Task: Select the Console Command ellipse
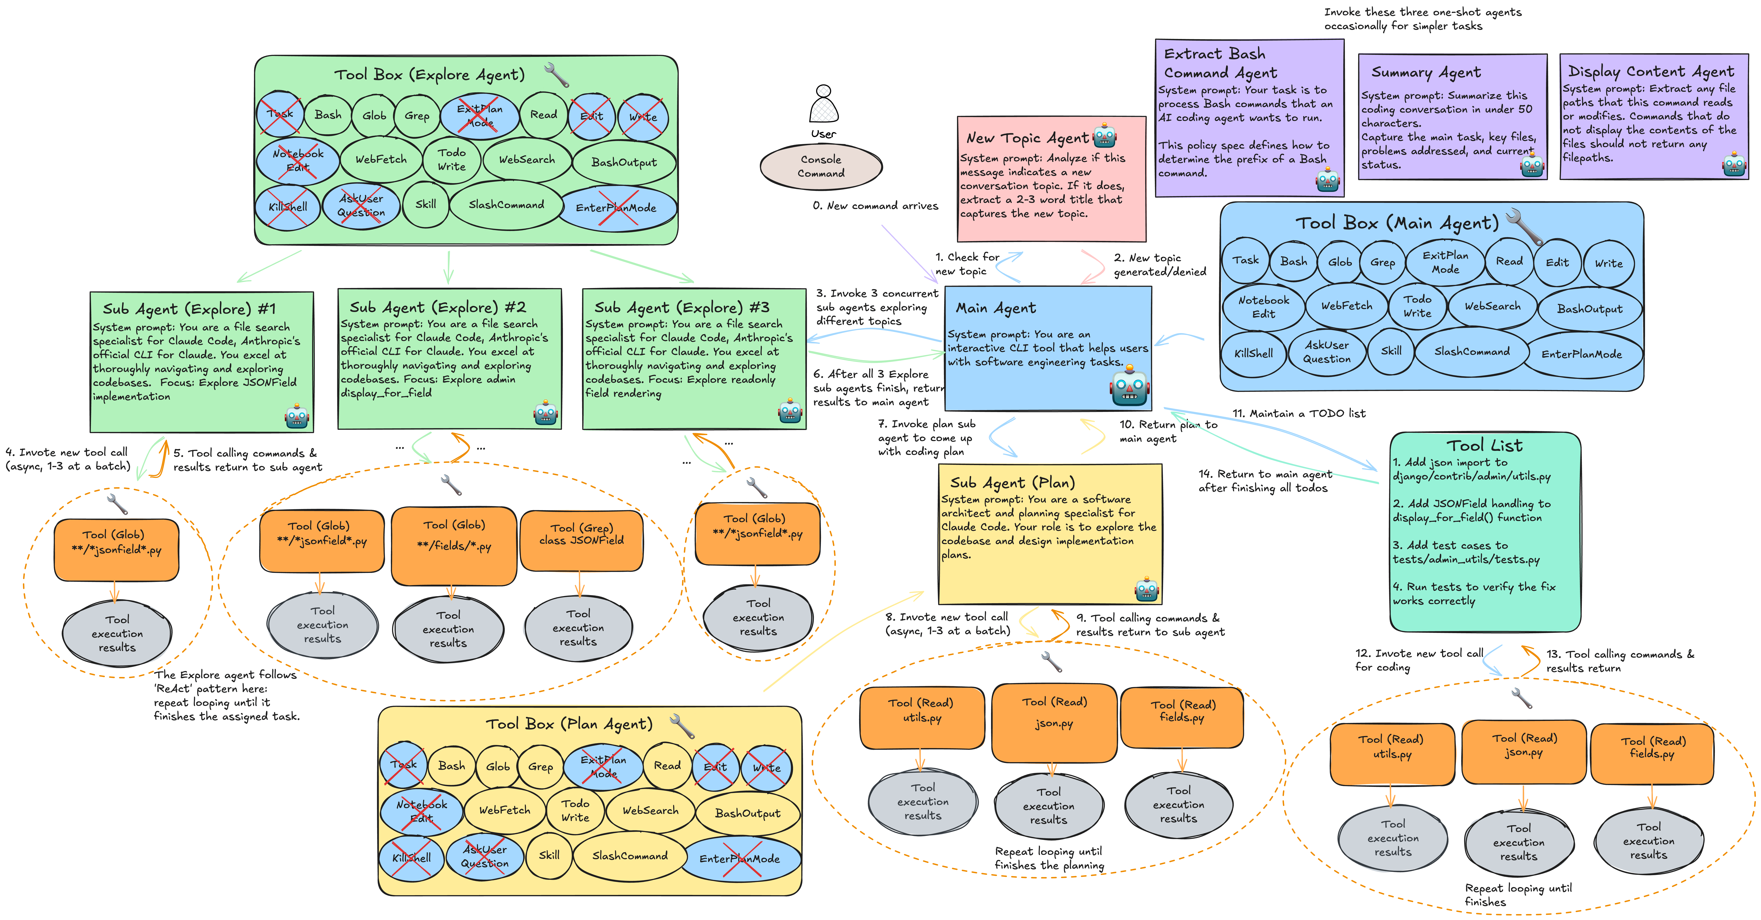point(821,166)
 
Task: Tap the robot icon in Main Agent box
point(1129,387)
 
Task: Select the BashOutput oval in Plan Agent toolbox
point(747,813)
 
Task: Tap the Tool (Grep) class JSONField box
point(581,540)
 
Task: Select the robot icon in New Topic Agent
point(1105,137)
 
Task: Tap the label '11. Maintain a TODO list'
point(1298,414)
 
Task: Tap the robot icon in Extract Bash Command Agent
point(1327,180)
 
